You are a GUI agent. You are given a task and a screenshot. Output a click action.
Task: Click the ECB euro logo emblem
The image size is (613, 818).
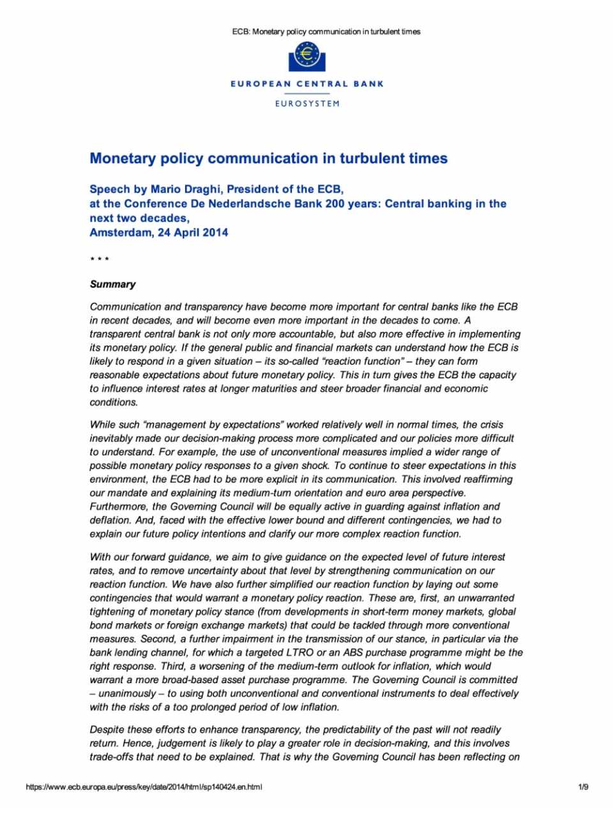tap(307, 56)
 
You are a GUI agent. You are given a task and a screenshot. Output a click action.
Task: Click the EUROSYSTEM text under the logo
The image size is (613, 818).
tap(307, 104)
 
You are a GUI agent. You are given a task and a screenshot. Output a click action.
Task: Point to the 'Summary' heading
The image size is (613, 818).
tap(112, 284)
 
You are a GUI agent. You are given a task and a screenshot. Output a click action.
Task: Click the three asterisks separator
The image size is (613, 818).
tap(99, 259)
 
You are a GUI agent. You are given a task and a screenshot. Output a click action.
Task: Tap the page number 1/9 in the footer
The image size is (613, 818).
tap(582, 787)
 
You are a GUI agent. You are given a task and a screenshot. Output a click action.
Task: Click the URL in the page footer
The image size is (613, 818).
tap(144, 787)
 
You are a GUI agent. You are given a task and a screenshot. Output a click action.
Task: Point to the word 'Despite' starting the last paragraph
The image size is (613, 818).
tap(107, 730)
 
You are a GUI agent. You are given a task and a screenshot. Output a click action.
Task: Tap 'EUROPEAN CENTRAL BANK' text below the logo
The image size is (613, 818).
tap(307, 84)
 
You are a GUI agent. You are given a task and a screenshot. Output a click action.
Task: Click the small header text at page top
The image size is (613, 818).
tap(326, 31)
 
